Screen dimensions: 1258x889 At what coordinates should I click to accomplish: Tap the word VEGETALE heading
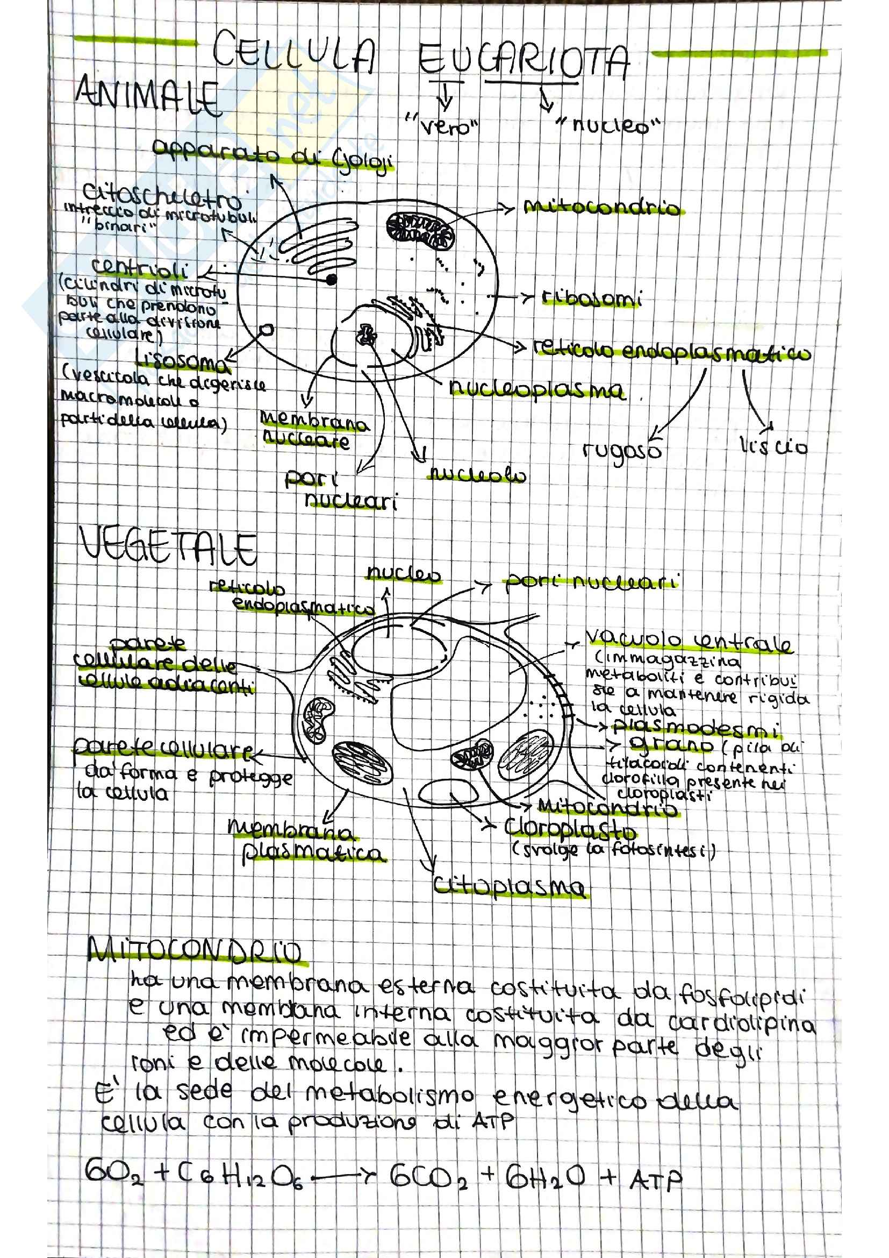coord(168,547)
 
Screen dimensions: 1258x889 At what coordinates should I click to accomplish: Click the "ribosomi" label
coord(591,298)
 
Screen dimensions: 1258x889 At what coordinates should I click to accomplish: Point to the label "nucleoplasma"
coord(536,389)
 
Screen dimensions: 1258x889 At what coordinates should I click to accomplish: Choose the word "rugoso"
coord(622,451)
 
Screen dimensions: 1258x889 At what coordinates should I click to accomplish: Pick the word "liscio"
coord(773,447)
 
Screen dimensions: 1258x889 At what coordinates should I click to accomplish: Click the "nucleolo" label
coord(476,474)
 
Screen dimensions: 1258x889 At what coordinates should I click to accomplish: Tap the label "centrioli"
coord(140,268)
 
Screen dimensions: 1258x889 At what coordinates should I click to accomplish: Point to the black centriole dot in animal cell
coord(331,280)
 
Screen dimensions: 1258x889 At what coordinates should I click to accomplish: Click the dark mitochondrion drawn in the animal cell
coord(420,230)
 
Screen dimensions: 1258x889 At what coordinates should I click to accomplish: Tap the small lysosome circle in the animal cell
coord(267,330)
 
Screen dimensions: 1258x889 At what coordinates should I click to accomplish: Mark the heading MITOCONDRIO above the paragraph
coord(195,952)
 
